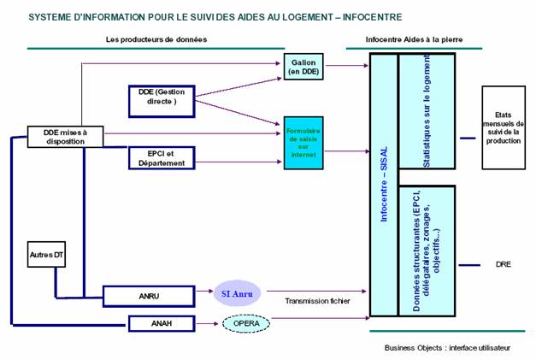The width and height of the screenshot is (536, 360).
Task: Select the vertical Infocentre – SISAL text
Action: point(384,183)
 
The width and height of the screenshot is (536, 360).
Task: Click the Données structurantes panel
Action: point(427,251)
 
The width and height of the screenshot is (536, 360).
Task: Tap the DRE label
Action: point(503,264)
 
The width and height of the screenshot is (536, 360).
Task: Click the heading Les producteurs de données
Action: point(156,39)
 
